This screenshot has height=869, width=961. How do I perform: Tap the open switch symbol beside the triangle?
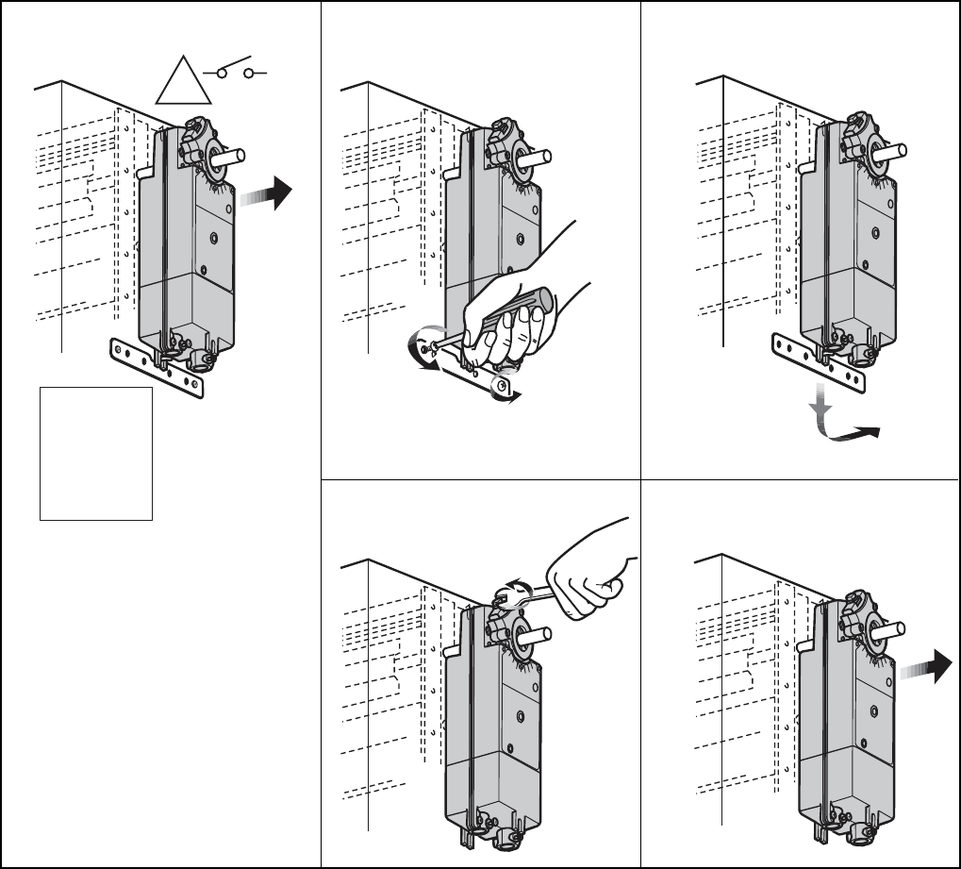236,71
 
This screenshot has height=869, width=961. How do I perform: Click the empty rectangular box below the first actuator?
95,453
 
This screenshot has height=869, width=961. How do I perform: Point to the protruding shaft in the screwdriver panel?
537,160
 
